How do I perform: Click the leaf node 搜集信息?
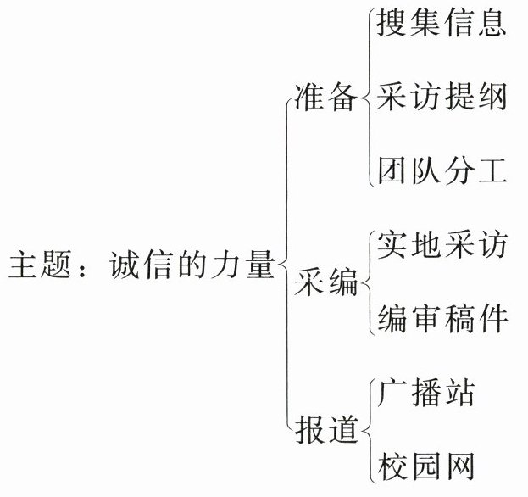[442, 25]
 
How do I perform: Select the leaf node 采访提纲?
[442, 98]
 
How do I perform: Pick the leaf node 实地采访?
[442, 246]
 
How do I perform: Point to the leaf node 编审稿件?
[442, 318]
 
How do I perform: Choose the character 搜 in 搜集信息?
[392, 25]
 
